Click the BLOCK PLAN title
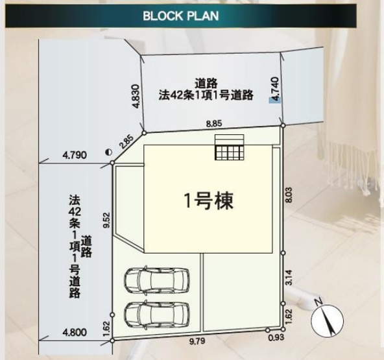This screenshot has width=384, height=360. pos(180,16)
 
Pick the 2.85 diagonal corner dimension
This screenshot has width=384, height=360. pos(126,140)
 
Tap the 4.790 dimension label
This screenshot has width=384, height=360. pos(75,155)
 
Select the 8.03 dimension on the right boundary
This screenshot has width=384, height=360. pos(289,197)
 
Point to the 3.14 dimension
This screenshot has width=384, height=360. pos(289,278)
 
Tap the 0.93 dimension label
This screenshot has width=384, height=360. pos(275,338)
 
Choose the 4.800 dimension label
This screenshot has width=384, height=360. pos(75,332)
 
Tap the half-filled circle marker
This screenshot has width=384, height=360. pos(108,152)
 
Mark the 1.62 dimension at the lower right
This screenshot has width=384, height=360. pos(289,315)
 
